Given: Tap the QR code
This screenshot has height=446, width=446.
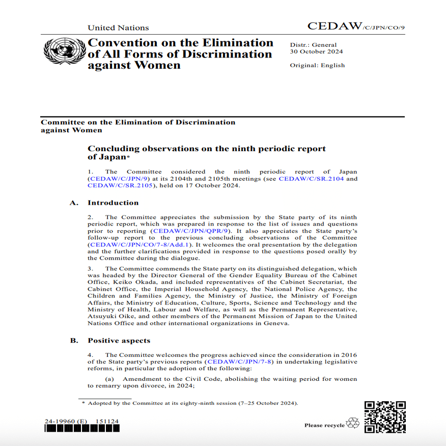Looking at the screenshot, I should pos(385,417).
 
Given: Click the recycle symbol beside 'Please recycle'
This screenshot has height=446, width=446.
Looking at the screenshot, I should pos(352,424).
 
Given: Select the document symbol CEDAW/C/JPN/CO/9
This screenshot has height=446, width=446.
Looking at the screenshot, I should pos(356,26).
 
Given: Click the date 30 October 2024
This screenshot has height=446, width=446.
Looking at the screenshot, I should pos(316,51).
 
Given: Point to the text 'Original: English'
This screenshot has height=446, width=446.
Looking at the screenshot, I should pos(317,65).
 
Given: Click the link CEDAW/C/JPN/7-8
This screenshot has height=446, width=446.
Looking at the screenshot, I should pos(238,362).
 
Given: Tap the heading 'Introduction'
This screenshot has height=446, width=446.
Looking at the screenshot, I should pos(113,203).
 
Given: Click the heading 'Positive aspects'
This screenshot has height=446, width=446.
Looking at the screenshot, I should pos(119,341).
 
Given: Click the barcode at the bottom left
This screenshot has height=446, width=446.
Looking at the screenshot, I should pos(82,429).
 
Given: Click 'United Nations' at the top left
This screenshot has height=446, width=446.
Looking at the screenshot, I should pos(118,28).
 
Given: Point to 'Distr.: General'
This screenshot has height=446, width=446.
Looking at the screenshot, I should pos(313,45).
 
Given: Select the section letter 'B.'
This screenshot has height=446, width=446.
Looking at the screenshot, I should pos(74,341).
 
